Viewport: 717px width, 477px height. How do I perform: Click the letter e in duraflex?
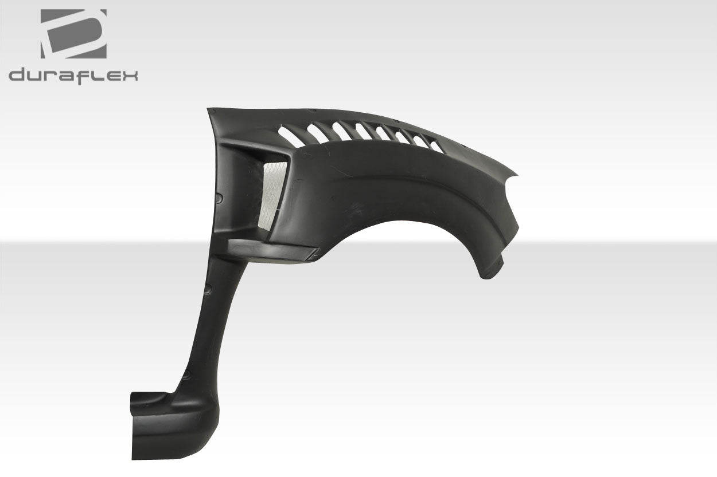(112, 76)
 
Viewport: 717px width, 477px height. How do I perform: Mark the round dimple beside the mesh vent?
(219, 198)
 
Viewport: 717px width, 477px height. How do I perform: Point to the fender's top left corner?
(210, 109)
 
